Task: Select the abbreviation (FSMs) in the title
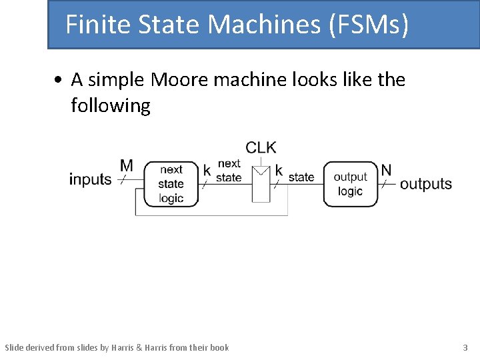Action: click(367, 25)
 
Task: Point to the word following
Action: click(111, 105)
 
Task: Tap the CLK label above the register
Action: click(261, 147)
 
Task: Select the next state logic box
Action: click(171, 183)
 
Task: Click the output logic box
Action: click(350, 183)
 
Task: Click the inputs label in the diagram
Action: click(90, 179)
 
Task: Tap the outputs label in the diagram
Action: click(426, 184)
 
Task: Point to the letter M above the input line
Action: click(126, 165)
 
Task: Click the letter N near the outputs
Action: click(386, 170)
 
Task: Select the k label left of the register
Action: click(207, 171)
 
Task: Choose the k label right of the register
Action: click(279, 171)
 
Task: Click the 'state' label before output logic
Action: click(301, 177)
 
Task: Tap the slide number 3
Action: click(465, 347)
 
